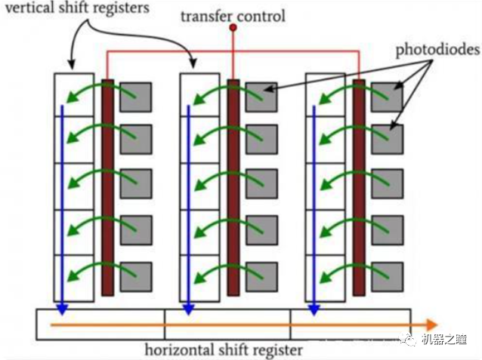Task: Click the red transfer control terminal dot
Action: pos(233,28)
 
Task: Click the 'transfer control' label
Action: pos(233,14)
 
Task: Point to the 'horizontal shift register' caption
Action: pos(224,350)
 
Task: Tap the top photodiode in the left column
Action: pos(136,96)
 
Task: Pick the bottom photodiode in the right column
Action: pos(387,276)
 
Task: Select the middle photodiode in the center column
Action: pos(261,183)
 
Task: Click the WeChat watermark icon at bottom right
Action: pos(409,341)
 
